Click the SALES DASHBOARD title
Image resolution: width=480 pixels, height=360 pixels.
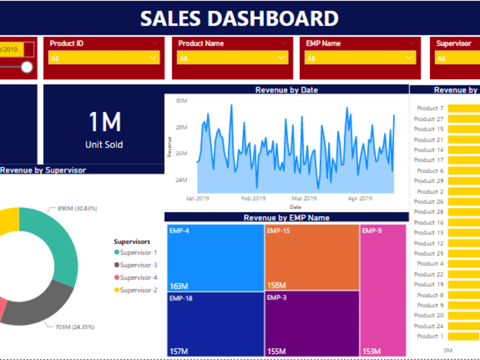click(239, 18)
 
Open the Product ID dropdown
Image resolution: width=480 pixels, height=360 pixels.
click(104, 58)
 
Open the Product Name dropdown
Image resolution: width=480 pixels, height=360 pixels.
click(232, 58)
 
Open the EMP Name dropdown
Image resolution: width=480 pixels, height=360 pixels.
click(360, 58)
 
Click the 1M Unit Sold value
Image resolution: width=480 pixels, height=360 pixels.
click(104, 123)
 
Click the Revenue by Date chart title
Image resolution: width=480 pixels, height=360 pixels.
click(287, 90)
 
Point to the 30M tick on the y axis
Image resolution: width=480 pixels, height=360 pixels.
click(181, 101)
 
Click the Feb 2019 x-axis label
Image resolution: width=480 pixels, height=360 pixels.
click(253, 198)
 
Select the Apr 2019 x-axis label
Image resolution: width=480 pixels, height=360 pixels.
click(360, 198)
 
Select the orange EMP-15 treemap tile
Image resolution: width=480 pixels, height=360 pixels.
click(312, 257)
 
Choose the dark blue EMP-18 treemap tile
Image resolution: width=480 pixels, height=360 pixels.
click(215, 324)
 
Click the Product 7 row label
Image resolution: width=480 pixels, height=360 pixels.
click(430, 108)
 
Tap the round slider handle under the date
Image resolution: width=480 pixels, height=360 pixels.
click(27, 67)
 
